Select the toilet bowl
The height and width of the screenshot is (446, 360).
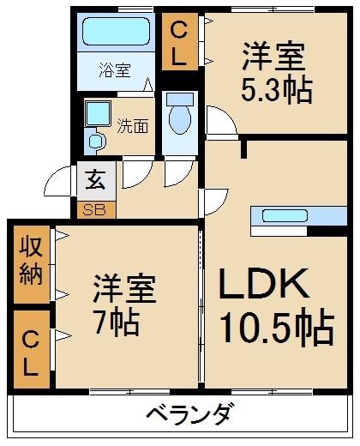(x=179, y=119)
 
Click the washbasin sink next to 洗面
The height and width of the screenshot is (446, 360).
(x=97, y=115)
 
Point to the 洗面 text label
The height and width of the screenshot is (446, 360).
(x=133, y=126)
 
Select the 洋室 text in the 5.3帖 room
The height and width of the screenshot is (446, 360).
(x=273, y=57)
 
